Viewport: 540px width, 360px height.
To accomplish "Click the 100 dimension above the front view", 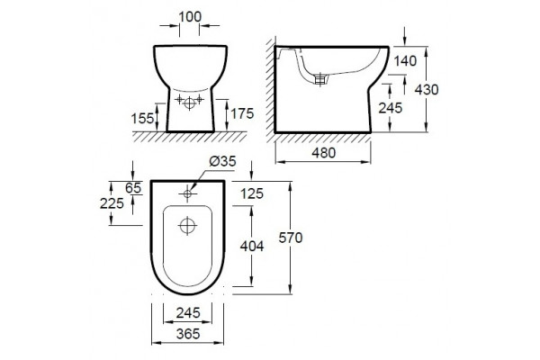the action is pos(190,16).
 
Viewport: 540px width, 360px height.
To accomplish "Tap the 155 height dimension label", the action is pos(142,119).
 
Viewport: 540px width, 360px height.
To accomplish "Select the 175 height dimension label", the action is pos(242,113).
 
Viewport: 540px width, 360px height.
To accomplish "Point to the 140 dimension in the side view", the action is pos(405,61).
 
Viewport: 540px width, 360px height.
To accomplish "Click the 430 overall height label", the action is pos(427,90).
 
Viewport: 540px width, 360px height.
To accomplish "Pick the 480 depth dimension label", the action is pos(324,153).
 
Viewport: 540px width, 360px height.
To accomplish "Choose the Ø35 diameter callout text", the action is pos(223,161).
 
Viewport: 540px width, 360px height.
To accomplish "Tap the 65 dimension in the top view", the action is pos(133,188).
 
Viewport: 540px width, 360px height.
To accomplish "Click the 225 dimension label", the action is pos(112,203).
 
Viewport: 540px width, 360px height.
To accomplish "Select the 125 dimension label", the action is pos(252,193).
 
